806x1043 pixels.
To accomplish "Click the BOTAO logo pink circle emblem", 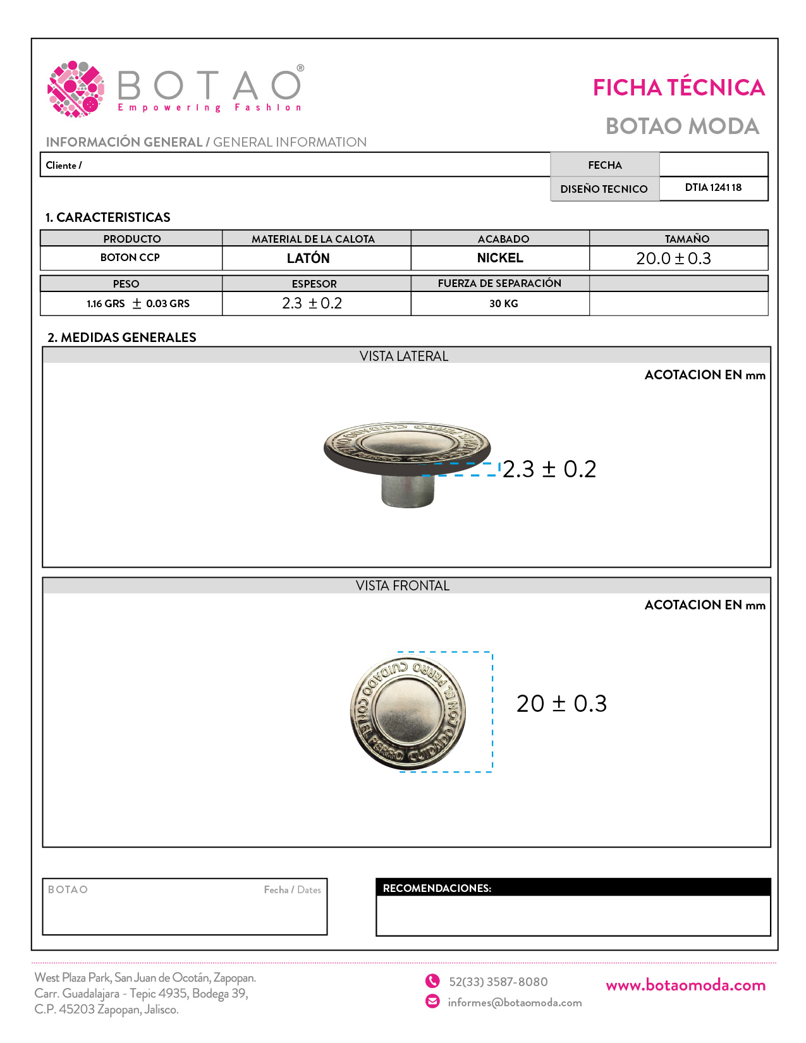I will tap(76, 89).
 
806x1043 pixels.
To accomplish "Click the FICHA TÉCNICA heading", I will tap(678, 88).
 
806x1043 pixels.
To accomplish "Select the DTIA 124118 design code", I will tap(713, 188).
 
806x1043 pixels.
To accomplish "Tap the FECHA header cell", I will tap(605, 165).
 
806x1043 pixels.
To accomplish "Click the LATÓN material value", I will tap(308, 259).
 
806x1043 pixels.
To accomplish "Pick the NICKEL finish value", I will tap(500, 258).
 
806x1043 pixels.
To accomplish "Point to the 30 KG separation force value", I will tap(503, 303).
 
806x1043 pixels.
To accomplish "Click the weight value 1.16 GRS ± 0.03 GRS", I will tap(138, 303).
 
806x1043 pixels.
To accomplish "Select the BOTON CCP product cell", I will tap(130, 258).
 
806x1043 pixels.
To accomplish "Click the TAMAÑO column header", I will tap(687, 239).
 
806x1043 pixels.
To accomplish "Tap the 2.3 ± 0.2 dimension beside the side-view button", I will tap(549, 469).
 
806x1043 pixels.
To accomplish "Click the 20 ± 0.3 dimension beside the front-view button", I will tap(561, 704).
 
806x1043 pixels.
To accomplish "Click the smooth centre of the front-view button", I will tap(408, 711).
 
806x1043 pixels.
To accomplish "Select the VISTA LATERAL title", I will tap(404, 357).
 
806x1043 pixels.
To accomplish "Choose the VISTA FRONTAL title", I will tap(403, 586).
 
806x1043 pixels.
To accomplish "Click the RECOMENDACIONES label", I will tap(437, 888).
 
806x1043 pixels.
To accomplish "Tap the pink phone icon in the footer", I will tap(432, 981).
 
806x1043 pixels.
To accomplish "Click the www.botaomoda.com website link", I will tap(685, 985).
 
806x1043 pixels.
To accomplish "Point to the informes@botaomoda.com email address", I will tap(515, 1003).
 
